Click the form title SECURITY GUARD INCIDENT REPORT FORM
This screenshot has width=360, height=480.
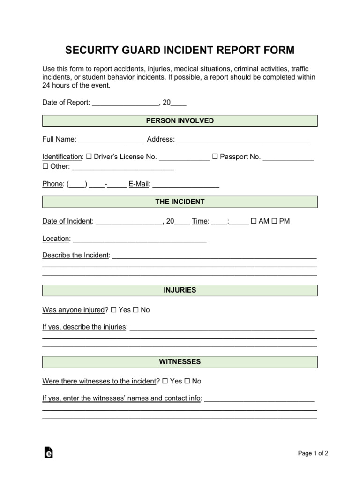tap(180, 50)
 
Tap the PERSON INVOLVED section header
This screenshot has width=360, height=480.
tap(180, 121)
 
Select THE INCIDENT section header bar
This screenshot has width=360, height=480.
tap(180, 202)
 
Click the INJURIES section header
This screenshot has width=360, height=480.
tap(180, 291)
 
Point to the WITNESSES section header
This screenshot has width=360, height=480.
tap(180, 362)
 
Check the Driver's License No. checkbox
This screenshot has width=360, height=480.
tap(89, 157)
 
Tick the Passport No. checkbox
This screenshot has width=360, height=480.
tap(215, 157)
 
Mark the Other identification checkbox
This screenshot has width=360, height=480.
tap(45, 166)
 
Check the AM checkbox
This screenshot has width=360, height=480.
tap(254, 221)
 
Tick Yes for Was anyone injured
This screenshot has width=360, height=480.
tap(114, 310)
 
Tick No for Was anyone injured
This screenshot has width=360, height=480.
tap(136, 310)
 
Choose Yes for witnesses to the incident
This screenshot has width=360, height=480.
tap(165, 381)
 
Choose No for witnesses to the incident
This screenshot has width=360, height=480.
tap(187, 381)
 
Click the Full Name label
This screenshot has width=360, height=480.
tap(59, 139)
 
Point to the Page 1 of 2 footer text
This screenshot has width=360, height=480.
tap(313, 453)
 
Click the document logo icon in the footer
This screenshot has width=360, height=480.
tap(48, 452)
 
